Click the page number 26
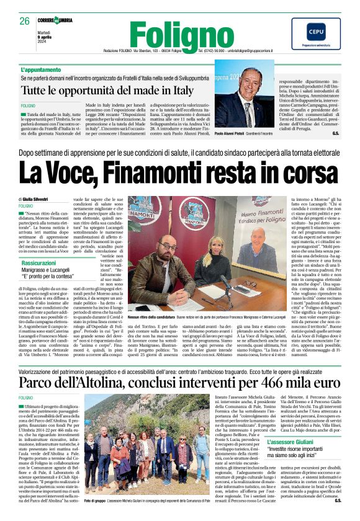[x=25, y=21]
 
